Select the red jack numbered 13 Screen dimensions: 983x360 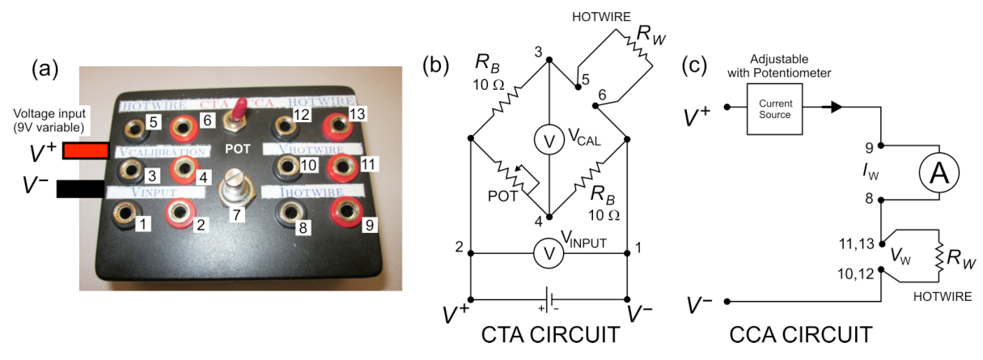pyautogui.click(x=338, y=125)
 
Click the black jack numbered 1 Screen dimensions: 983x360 pyautogui.click(x=126, y=214)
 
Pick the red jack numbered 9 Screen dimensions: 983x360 pyautogui.click(x=347, y=212)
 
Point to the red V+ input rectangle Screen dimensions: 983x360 pyautogui.click(x=86, y=150)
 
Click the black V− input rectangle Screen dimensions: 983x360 pyautogui.click(x=81, y=189)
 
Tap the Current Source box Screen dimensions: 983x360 pyautogui.click(x=774, y=109)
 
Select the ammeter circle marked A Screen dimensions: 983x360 pyautogui.click(x=939, y=172)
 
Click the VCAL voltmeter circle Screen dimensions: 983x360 pyautogui.click(x=549, y=140)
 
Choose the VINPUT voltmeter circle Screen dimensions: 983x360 pyautogui.click(x=549, y=253)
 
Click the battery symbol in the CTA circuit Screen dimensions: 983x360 pyautogui.click(x=549, y=300)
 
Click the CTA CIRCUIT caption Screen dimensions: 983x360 pyautogui.click(x=550, y=335)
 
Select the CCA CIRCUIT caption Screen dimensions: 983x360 pyautogui.click(x=801, y=335)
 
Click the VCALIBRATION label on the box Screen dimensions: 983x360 pyautogui.click(x=163, y=152)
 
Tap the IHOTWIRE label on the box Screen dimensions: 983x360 pyautogui.click(x=312, y=193)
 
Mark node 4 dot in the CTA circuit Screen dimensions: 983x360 pyautogui.click(x=549, y=217)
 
